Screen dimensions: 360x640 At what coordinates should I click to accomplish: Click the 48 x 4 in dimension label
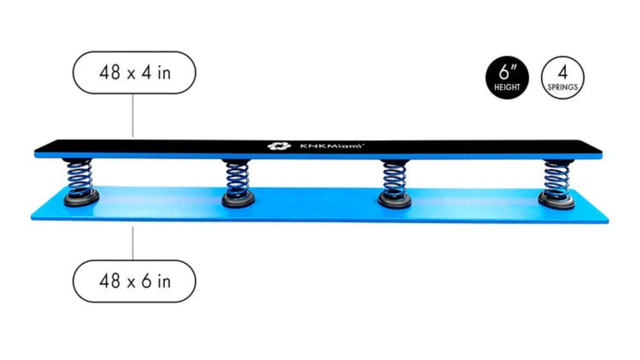(134, 73)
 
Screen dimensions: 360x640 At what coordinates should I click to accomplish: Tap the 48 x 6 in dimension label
(134, 281)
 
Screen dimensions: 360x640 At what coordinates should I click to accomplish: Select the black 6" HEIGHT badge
(507, 78)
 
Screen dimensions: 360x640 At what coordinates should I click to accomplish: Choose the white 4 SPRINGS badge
(562, 78)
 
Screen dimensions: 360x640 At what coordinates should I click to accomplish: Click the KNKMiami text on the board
(332, 146)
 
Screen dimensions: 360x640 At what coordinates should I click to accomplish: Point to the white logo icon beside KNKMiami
(279, 146)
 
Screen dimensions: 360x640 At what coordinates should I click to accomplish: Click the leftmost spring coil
(79, 177)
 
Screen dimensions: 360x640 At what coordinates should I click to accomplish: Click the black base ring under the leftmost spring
(81, 198)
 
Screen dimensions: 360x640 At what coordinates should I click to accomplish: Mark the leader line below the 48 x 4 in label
(133, 115)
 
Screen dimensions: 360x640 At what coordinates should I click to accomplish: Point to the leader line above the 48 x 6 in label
(133, 243)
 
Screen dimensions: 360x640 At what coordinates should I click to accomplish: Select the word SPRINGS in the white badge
(562, 87)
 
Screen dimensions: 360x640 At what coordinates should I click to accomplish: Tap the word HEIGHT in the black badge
(507, 87)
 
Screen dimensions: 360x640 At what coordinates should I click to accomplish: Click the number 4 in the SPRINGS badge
(562, 73)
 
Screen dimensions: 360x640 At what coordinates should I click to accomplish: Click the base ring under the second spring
(238, 200)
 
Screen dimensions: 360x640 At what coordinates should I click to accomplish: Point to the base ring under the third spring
(395, 200)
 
